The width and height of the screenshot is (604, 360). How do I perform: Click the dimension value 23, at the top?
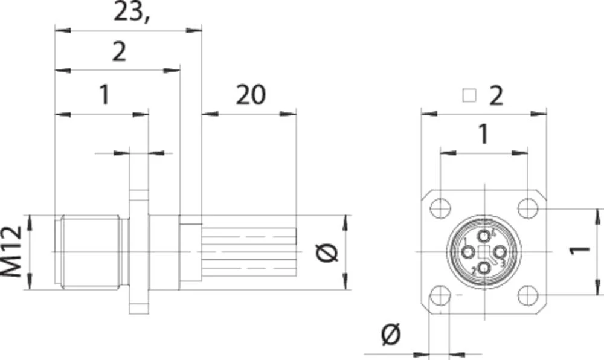pos(132,12)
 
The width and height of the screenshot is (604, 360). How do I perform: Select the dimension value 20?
pos(251,95)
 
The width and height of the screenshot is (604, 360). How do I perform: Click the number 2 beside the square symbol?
pos(495,95)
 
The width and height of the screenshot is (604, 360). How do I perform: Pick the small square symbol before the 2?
pos(469,95)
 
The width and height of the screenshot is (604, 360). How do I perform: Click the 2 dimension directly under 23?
pos(119,53)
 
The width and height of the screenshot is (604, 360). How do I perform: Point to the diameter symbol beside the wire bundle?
pos(327,253)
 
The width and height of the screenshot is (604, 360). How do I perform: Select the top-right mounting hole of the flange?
pos(528,208)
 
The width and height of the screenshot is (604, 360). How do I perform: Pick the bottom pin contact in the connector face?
pos(484,267)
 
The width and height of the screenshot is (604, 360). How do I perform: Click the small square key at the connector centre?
pos(484,252)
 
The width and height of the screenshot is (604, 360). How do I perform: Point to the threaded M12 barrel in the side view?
pos(91,251)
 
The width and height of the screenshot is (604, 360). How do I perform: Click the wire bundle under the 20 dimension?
pos(249,251)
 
